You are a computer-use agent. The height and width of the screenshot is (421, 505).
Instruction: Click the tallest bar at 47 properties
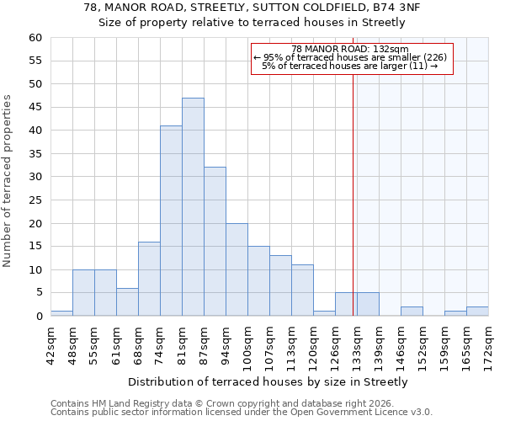[x=193, y=207]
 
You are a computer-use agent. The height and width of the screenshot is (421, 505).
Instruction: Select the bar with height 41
[x=171, y=221]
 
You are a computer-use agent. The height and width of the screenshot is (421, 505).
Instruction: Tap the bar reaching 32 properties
[x=215, y=242]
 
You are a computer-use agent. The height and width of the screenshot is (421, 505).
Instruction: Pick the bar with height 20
[x=237, y=269]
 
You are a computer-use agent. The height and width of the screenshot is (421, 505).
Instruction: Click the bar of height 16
[x=149, y=279]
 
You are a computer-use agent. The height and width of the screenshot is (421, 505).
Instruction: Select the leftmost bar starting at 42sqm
[x=61, y=313]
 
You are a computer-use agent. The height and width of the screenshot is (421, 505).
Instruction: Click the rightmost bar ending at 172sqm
[x=477, y=312]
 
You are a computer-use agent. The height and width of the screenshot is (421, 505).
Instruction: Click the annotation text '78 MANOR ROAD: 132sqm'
[x=349, y=49]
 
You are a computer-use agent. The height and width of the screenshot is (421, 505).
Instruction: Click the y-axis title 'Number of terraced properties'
[x=8, y=180]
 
